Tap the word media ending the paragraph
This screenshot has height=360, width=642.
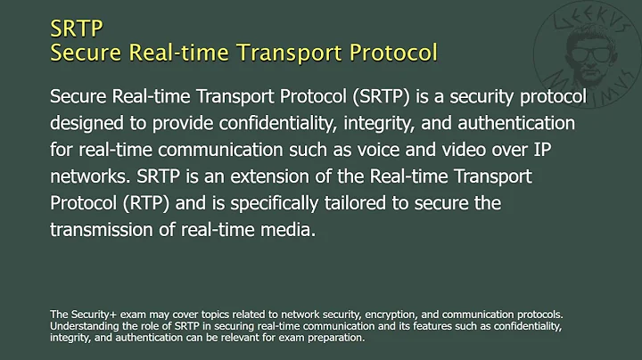point(293,229)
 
